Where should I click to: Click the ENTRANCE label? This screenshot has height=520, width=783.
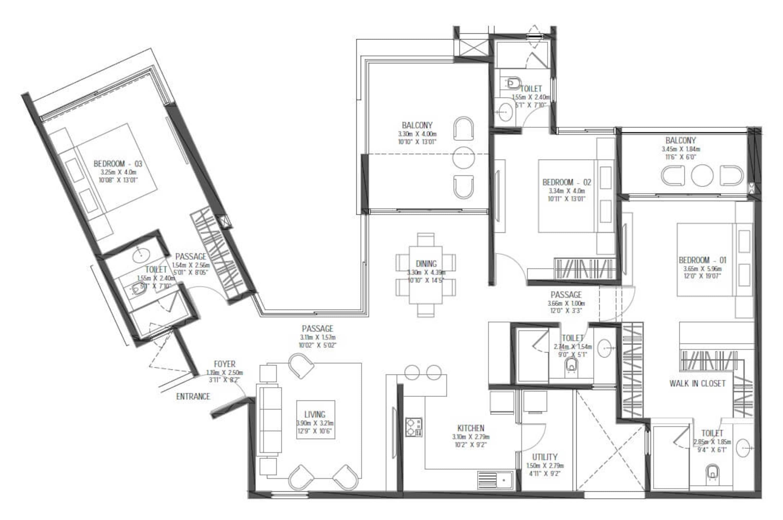pyautogui.click(x=193, y=396)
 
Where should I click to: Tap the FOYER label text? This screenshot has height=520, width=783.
pyautogui.click(x=224, y=364)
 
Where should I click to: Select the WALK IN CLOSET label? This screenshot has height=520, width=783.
pyautogui.click(x=697, y=383)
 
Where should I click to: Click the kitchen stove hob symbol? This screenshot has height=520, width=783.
pyautogui.click(x=414, y=427)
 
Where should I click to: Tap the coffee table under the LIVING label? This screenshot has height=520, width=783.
pyautogui.click(x=315, y=420)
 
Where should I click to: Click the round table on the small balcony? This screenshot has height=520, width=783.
pyautogui.click(x=702, y=175)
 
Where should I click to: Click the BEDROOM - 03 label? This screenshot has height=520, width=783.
pyautogui.click(x=118, y=163)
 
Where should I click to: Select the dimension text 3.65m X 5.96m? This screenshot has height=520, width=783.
pyautogui.click(x=702, y=269)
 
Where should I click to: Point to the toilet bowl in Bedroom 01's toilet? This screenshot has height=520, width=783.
pyautogui.click(x=712, y=472)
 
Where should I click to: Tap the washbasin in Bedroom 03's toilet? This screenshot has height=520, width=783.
pyautogui.click(x=141, y=256)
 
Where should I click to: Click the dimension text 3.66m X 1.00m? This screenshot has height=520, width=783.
pyautogui.click(x=566, y=303)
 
